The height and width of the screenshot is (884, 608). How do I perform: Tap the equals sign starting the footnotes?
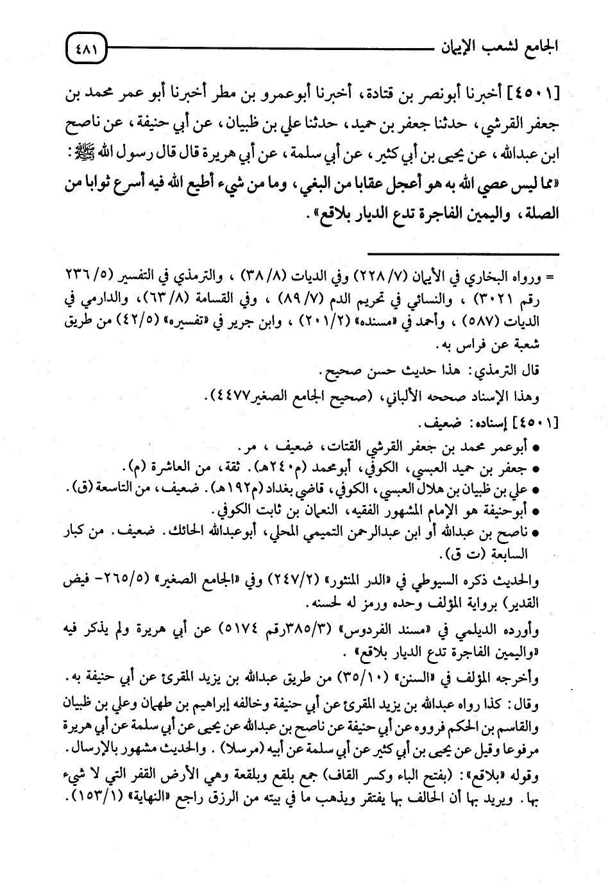click(x=548, y=280)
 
